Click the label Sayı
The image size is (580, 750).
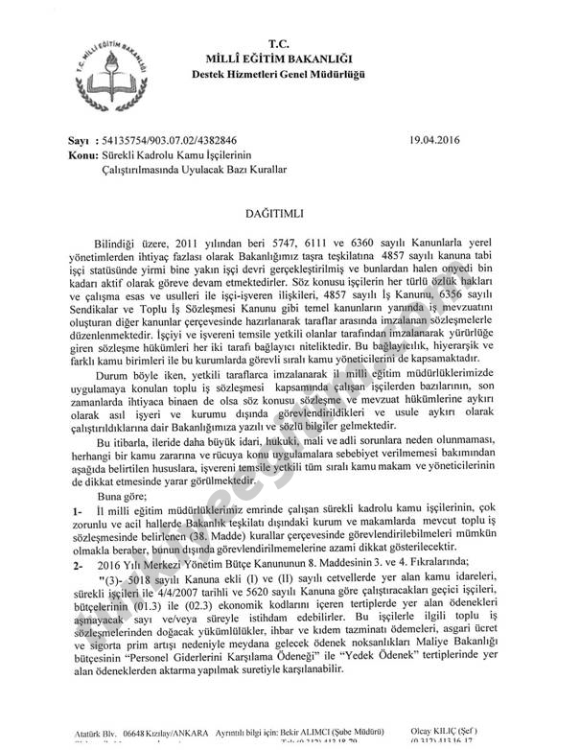click(81, 140)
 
